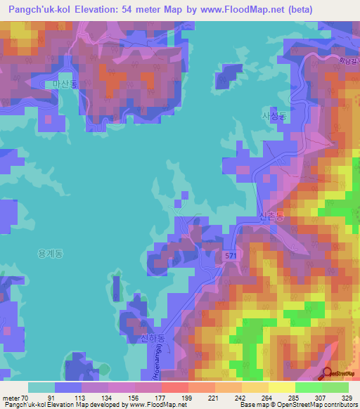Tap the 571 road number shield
(x=231, y=258)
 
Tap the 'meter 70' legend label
(x=15, y=397)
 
